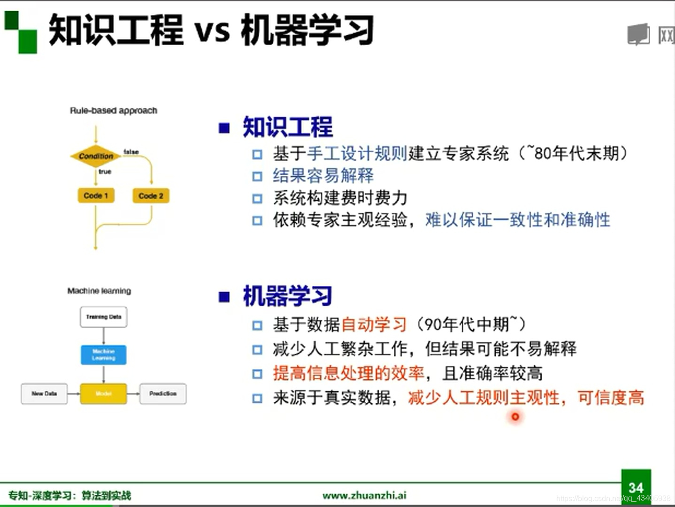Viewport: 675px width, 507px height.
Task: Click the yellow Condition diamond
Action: [x=96, y=156]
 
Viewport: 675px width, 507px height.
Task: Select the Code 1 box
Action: [x=96, y=195]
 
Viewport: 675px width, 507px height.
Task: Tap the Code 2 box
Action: [x=151, y=195]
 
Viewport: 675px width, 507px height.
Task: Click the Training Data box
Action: [x=103, y=317]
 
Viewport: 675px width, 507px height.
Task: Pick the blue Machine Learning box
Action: [x=103, y=354]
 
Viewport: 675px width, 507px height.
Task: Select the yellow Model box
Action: [x=103, y=393]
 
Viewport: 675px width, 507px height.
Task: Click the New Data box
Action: [x=44, y=393]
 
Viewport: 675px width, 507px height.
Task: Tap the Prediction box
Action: [x=163, y=393]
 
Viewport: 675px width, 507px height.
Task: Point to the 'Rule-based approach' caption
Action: [x=114, y=111]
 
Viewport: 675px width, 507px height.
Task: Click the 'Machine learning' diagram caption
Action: [x=99, y=291]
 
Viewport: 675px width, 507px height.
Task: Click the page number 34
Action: [x=636, y=487]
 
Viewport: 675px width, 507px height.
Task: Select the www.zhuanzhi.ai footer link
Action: [x=364, y=495]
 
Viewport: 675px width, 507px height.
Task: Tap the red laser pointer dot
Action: [x=515, y=416]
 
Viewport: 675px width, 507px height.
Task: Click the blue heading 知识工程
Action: [x=287, y=127]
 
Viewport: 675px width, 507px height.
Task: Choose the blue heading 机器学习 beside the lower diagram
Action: [x=287, y=296]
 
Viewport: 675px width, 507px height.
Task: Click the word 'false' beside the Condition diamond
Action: [x=131, y=152]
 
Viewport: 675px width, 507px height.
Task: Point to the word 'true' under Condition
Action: [x=105, y=172]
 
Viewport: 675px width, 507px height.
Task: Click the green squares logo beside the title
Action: [x=21, y=32]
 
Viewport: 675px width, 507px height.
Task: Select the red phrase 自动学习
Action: [x=374, y=324]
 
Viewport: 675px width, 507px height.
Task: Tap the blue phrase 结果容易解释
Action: [x=323, y=176]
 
